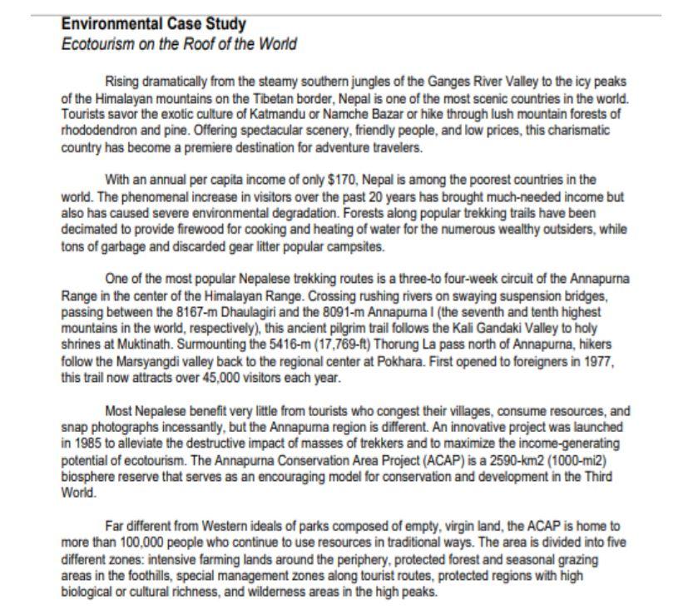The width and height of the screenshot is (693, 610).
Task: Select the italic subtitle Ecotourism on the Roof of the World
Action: (179, 44)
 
